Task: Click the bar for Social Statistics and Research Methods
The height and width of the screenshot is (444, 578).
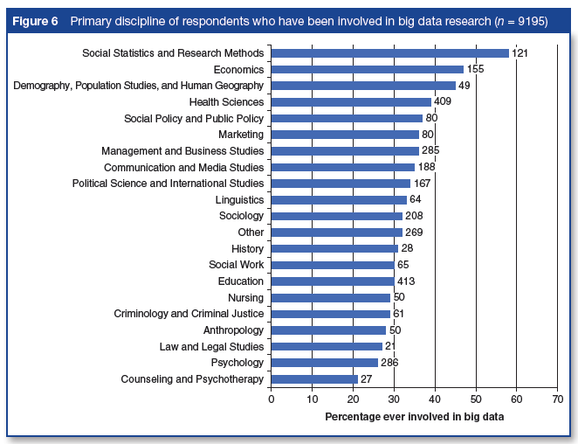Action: tap(389, 53)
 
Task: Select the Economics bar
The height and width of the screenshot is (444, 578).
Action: tap(367, 69)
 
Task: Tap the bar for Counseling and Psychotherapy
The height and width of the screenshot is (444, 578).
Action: tap(314, 378)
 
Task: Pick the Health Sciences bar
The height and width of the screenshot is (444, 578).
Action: tap(351, 102)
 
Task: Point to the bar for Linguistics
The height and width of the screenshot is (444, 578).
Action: tap(339, 199)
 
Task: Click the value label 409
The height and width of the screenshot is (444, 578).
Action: tap(444, 102)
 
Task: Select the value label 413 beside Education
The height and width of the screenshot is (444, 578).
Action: tap(405, 281)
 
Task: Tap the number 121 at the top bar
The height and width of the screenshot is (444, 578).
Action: tap(521, 53)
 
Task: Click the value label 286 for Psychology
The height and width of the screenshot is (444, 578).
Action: tap(391, 363)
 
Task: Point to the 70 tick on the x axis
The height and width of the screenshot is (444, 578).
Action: tap(557, 400)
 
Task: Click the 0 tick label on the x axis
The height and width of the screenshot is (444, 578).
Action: tap(272, 400)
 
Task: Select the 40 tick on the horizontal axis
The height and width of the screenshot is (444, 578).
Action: tap(435, 400)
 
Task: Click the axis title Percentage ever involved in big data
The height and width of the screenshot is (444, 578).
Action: tap(414, 417)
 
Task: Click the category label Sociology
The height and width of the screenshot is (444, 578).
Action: tap(241, 216)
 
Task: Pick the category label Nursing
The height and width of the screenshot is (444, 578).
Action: tap(245, 297)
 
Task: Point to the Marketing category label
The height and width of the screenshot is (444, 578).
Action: tap(241, 135)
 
